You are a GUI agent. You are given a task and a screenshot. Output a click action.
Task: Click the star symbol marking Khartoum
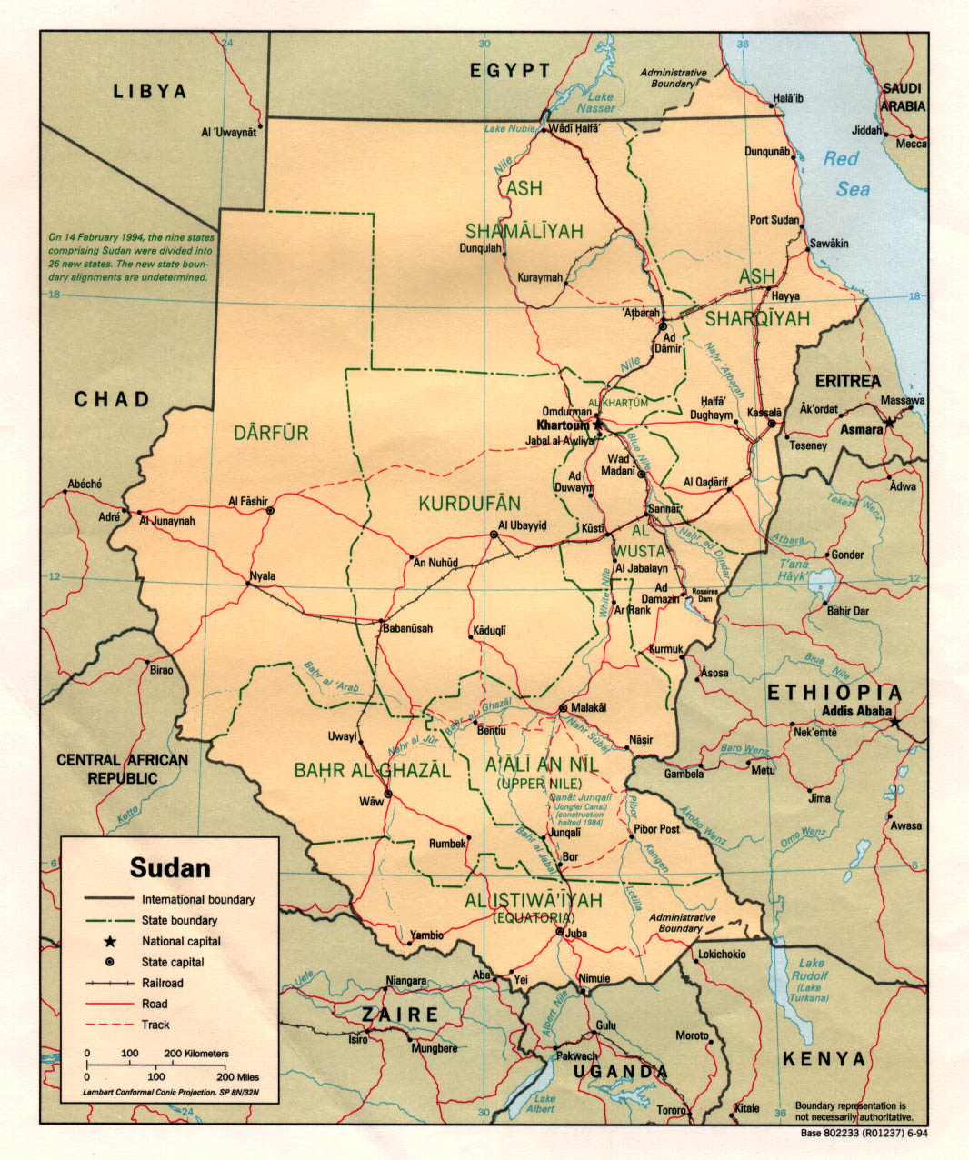pos(597,425)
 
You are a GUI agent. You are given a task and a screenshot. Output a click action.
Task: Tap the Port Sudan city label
pos(774,220)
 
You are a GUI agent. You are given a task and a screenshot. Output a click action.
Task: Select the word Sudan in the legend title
pos(170,867)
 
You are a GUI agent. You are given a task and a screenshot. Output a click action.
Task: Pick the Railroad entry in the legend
pos(162,983)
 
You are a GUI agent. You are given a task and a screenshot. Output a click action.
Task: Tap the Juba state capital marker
pos(560,931)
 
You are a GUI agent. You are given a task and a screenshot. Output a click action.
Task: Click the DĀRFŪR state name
pos(271,433)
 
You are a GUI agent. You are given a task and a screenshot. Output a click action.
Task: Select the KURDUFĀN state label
pos(469,503)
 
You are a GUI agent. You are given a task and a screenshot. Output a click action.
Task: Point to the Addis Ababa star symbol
pos(895,722)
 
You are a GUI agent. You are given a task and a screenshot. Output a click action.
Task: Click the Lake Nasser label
pos(600,103)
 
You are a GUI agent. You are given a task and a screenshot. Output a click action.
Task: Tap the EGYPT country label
pos(510,71)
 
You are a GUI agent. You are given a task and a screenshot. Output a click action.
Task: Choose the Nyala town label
pos(262,575)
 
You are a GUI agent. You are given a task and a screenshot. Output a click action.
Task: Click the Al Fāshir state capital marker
pos(270,512)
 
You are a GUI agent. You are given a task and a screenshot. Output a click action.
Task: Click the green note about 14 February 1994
pos(130,257)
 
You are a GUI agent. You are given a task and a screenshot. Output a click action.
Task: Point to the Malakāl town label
pos(588,707)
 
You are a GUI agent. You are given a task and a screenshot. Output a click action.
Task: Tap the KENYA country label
pos(824,1059)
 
